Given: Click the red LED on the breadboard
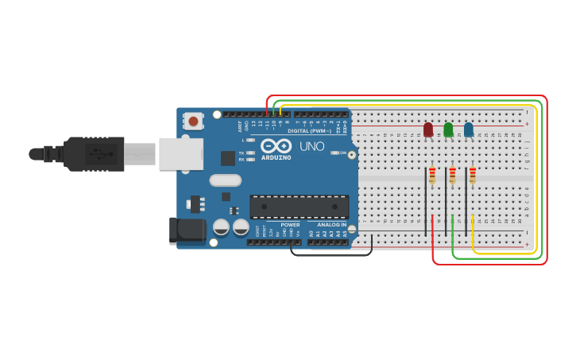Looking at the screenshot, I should (428, 130).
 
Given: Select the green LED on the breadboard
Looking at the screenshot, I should (448, 130).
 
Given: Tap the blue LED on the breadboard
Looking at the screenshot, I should (468, 130).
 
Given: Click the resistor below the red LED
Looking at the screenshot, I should (432, 175).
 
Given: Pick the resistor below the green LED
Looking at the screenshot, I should (452, 175).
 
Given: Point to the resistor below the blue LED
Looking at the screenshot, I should (473, 175).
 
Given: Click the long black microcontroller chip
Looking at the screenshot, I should (299, 207).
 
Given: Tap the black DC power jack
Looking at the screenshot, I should (187, 230).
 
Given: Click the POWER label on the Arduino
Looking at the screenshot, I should (290, 225).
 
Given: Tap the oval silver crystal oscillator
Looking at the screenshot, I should (225, 180).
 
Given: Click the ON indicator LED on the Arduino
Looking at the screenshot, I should (334, 153).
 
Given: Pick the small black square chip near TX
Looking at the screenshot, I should (228, 157).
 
